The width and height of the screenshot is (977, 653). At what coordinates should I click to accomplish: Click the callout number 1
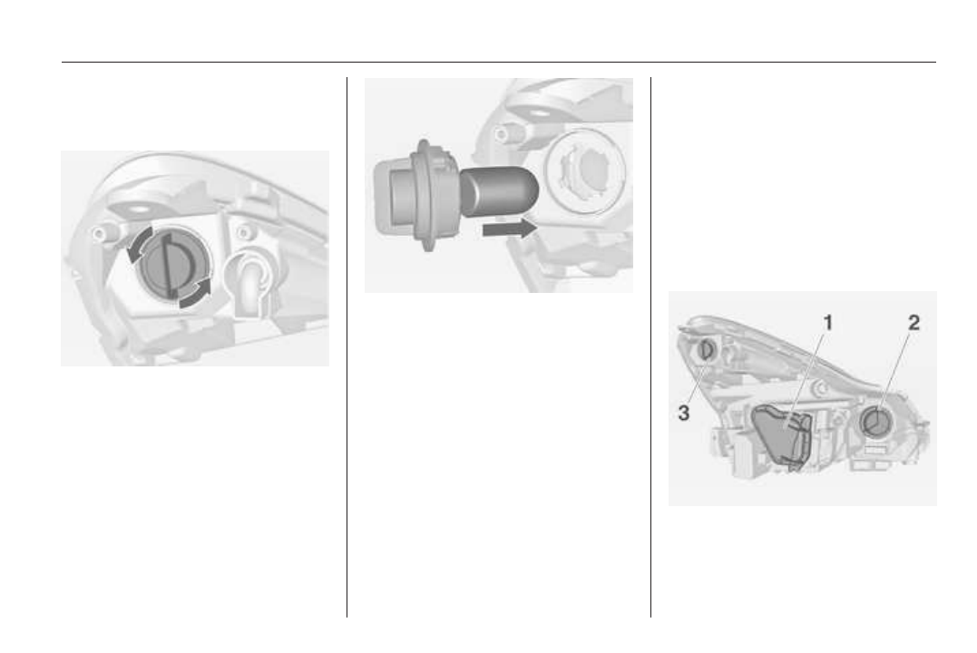[828, 323]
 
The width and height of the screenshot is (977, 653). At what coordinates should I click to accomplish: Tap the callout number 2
[913, 323]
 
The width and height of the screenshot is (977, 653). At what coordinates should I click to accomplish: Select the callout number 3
[683, 413]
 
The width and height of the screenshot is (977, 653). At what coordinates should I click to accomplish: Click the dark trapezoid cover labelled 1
[783, 435]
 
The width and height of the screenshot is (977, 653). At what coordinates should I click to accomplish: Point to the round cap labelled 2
[876, 422]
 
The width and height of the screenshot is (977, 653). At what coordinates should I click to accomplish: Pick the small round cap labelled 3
[708, 350]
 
